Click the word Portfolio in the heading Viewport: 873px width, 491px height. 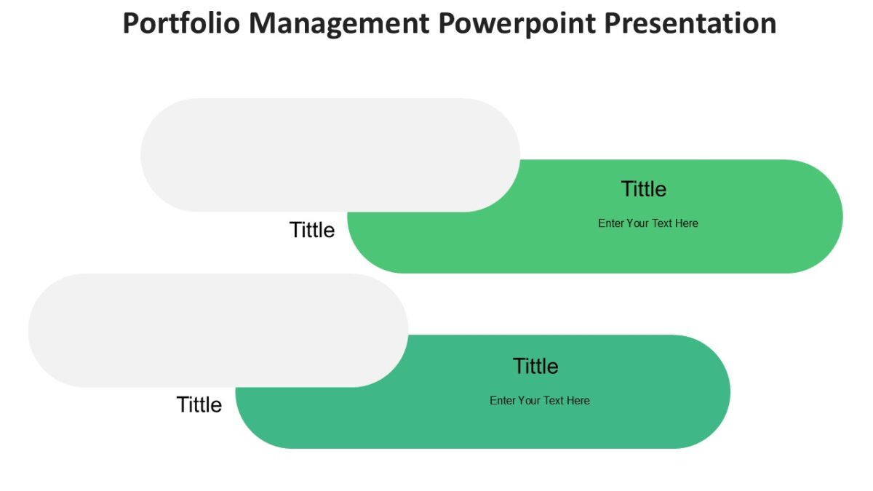[181, 23]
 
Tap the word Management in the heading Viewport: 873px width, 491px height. [340, 23]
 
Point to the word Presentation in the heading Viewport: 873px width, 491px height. [691, 23]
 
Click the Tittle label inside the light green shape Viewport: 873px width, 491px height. [644, 189]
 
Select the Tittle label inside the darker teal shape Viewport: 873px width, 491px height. [535, 366]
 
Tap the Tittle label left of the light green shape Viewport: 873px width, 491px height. [312, 230]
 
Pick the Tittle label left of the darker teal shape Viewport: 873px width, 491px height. [199, 404]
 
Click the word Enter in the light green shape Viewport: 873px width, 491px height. [610, 223]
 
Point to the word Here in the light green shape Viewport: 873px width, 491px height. [686, 223]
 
